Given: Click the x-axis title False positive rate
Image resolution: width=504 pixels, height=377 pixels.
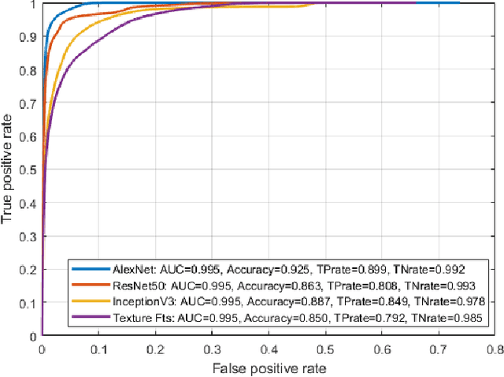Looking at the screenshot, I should coord(269,367).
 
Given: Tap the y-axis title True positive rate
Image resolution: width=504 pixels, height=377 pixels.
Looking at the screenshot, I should coord(9,170).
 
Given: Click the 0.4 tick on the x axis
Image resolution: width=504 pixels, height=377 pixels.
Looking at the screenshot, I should coord(269,349).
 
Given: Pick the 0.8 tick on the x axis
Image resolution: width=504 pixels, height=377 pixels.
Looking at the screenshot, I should coord(495,349).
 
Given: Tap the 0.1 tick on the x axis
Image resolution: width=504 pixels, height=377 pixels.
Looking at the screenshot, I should coord(98,349).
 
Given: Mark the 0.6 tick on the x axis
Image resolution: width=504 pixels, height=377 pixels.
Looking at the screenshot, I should coord(382,349).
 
